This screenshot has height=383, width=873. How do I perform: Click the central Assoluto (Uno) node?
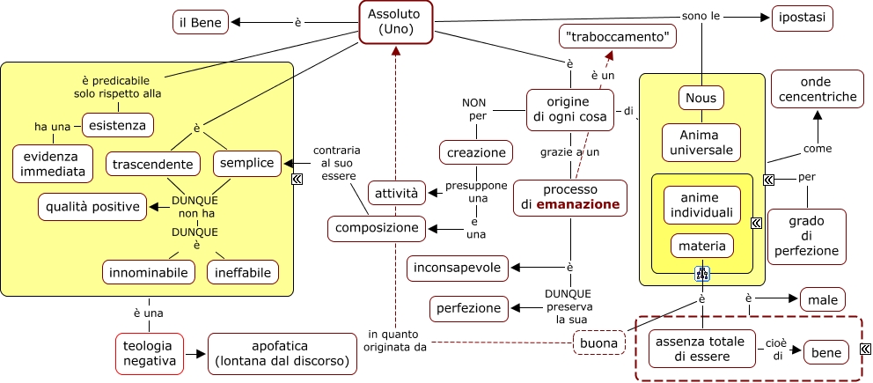(x=395, y=21)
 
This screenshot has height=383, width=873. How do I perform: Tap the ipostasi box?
(x=802, y=18)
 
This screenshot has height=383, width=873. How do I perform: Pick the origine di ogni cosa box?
(x=569, y=109)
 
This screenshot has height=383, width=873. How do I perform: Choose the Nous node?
(x=701, y=97)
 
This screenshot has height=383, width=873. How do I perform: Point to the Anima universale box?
(x=701, y=142)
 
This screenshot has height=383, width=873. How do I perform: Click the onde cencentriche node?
(x=816, y=89)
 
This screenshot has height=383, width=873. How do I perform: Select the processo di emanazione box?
(x=570, y=197)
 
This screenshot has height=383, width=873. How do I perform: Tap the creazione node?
(x=476, y=152)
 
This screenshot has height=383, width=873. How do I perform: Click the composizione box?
(x=376, y=228)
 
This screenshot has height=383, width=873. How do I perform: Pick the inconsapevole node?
(x=459, y=267)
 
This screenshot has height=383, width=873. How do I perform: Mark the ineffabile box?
(x=244, y=272)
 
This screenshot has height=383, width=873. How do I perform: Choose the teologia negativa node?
(x=149, y=350)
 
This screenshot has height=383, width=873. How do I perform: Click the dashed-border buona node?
(x=598, y=342)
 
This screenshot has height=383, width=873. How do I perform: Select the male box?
(x=822, y=299)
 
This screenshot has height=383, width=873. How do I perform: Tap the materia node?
(x=701, y=245)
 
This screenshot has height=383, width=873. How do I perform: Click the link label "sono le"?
(x=701, y=15)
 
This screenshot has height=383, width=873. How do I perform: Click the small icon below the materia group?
(x=702, y=273)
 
